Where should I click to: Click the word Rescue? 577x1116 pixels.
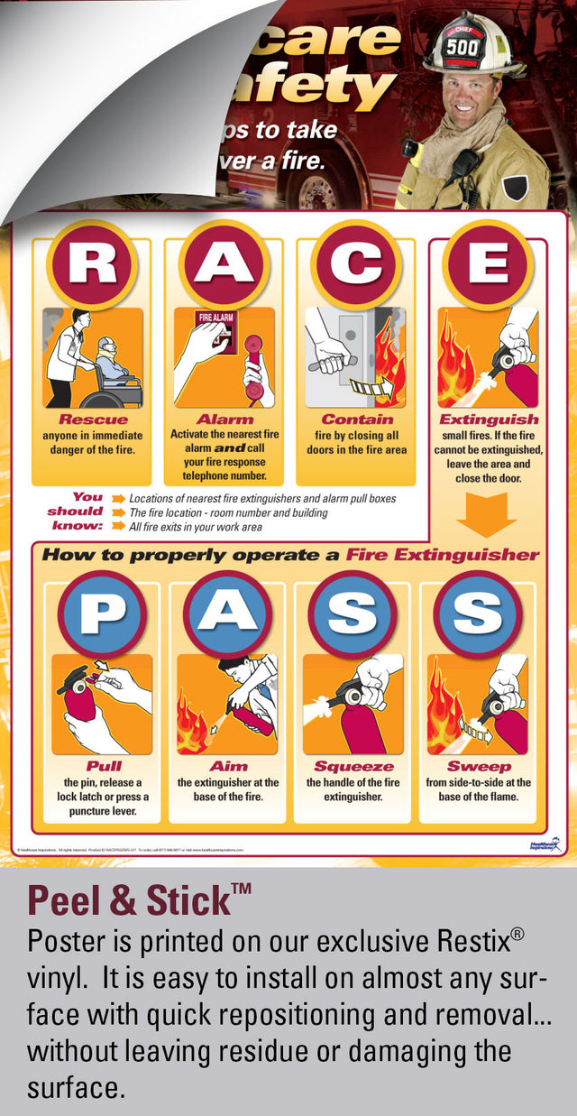(x=93, y=420)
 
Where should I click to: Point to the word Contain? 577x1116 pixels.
(x=357, y=420)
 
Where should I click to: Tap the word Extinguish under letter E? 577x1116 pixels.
(x=488, y=420)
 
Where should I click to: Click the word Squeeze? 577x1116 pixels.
(x=353, y=767)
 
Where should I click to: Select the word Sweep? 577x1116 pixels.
(x=479, y=767)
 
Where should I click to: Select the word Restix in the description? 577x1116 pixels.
(x=459, y=941)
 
